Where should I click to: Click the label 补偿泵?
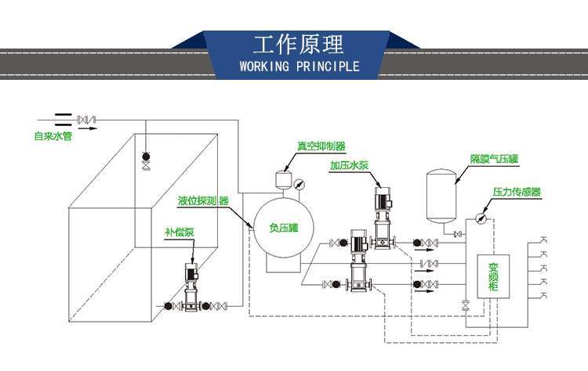coord(180,232)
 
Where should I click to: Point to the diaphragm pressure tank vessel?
coord(441,193)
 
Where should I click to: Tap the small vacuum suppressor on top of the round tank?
coord(282,178)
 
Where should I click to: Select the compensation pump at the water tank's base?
coord(191,288)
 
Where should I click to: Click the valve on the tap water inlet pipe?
coord(85,120)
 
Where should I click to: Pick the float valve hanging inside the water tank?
coord(145,160)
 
